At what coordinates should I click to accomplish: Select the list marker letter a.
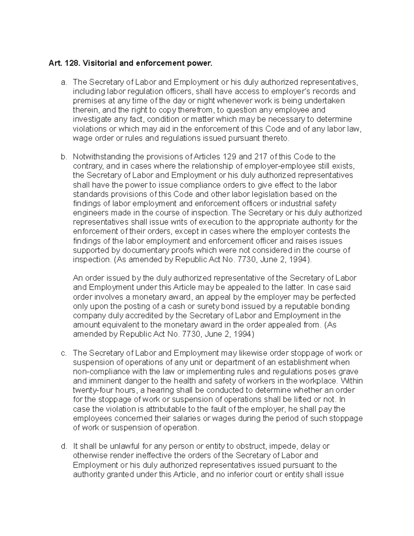(x=63, y=82)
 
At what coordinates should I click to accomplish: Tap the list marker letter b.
(x=63, y=157)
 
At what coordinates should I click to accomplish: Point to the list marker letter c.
(x=63, y=353)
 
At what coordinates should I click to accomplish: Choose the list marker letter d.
(x=63, y=446)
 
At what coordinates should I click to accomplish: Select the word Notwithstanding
(x=100, y=157)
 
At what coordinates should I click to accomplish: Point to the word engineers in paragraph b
(x=88, y=213)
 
